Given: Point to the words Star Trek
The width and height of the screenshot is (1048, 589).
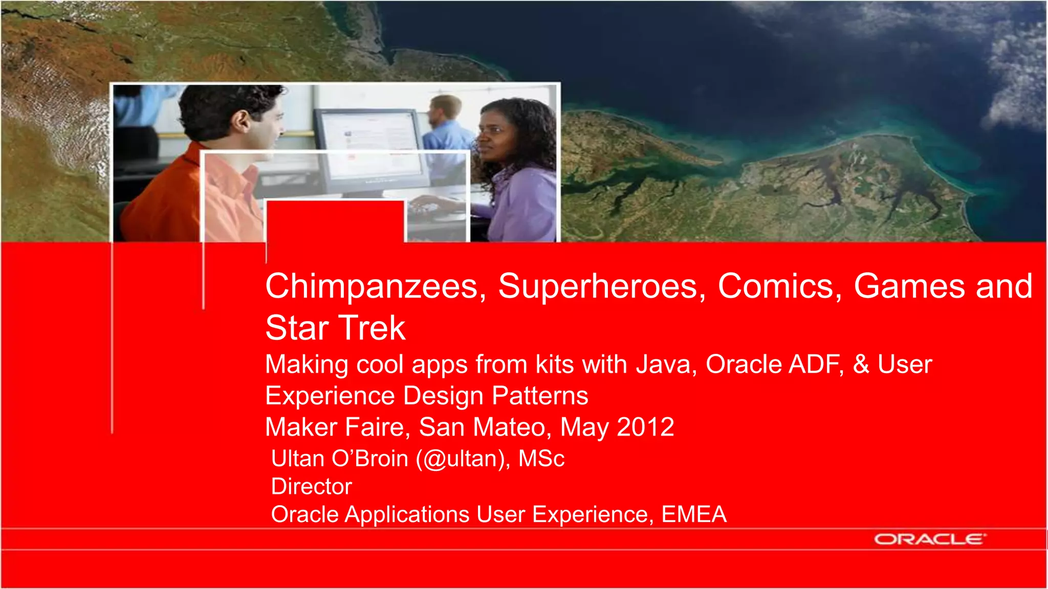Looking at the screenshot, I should [x=335, y=328].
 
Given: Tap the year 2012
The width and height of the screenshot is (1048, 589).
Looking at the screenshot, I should [x=646, y=427].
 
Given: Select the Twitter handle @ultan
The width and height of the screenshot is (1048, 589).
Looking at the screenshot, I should [x=463, y=459].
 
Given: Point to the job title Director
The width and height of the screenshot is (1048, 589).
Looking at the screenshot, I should [x=312, y=486].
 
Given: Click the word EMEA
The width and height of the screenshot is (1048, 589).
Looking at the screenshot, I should [x=694, y=514].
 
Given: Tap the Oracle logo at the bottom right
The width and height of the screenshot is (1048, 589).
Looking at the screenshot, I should [x=929, y=539].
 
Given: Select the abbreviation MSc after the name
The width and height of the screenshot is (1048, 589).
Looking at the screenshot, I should [x=541, y=459].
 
